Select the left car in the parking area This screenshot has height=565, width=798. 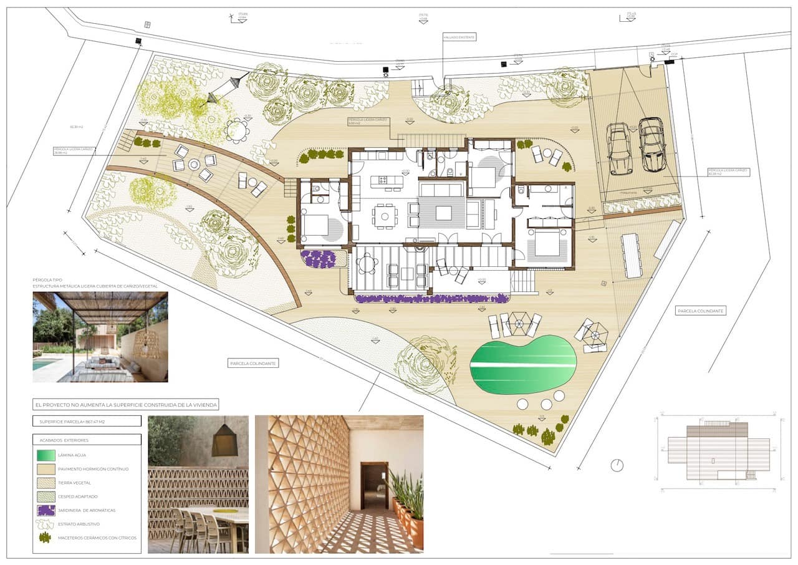(619, 148)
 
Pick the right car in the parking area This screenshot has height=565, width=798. (652, 145)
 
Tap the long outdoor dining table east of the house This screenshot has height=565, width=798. (632, 255)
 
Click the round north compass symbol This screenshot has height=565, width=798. (617, 465)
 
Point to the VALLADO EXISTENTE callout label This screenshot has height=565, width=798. (459, 37)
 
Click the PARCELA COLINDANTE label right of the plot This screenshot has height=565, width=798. (701, 311)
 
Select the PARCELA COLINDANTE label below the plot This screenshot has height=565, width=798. (253, 362)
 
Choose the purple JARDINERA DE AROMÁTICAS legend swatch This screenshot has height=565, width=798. (46, 510)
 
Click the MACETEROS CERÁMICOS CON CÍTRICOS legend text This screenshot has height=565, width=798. (97, 538)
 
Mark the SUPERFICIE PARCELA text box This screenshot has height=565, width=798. (87, 422)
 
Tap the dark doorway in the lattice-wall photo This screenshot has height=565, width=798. (374, 486)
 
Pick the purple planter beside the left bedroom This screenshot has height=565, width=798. (319, 259)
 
